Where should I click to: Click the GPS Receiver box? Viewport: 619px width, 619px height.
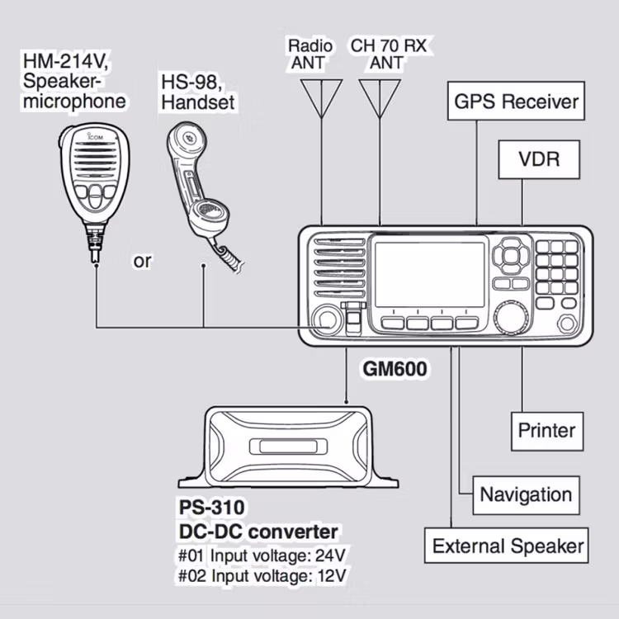click(517, 102)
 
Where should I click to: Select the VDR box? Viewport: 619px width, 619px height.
click(539, 159)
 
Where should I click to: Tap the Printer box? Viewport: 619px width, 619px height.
click(546, 430)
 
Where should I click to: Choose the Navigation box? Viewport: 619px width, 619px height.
click(526, 494)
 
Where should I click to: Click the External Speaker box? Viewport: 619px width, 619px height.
click(508, 546)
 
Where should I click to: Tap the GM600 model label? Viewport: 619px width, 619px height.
click(395, 369)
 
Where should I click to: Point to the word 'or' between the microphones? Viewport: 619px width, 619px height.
click(143, 262)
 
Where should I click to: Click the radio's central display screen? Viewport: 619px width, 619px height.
click(428, 273)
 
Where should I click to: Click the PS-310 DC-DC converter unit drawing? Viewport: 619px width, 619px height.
click(288, 447)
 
